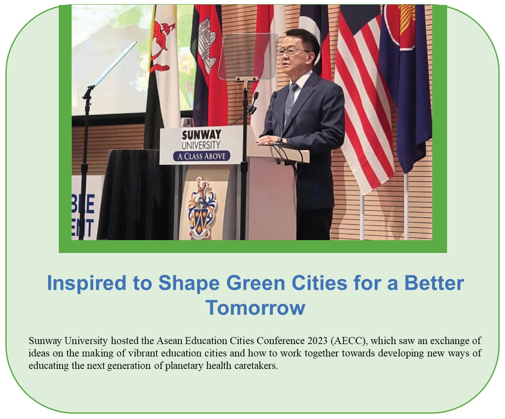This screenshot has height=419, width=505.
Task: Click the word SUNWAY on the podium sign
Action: (201, 135)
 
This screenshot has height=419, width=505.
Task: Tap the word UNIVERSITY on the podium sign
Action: (201, 146)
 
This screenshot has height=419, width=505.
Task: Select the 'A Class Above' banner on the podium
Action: (201, 156)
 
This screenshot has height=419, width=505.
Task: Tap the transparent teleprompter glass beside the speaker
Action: (247, 57)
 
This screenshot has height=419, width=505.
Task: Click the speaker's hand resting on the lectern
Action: (270, 140)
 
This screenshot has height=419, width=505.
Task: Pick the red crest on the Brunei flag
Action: (162, 46)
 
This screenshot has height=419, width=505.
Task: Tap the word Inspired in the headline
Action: (86, 283)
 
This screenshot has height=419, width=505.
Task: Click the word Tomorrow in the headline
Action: (255, 308)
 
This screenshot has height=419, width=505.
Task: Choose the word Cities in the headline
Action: (319, 283)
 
